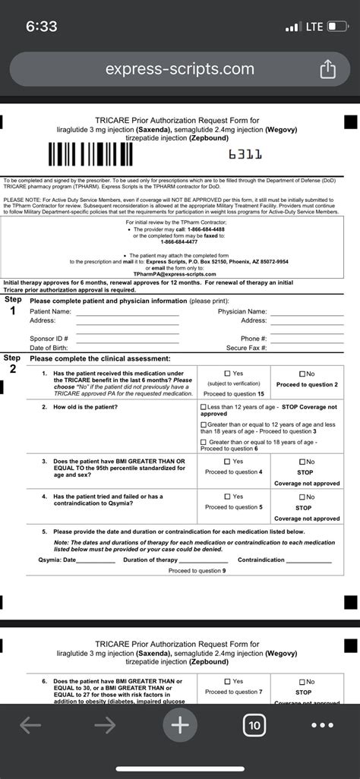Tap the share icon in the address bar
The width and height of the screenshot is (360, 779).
tap(327, 70)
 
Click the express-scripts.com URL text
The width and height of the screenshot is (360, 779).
tap(180, 69)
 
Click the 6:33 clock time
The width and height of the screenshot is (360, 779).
tap(41, 27)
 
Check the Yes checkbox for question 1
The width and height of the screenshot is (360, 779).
tap(228, 374)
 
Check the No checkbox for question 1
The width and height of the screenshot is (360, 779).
tap(302, 374)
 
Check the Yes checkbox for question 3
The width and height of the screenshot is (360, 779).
tap(228, 462)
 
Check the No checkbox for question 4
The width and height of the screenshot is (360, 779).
tap(302, 497)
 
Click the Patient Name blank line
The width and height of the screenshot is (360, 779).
tap(127, 313)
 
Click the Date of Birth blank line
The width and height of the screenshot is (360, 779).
tap(127, 348)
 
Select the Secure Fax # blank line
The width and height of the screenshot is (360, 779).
tap(301, 348)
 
